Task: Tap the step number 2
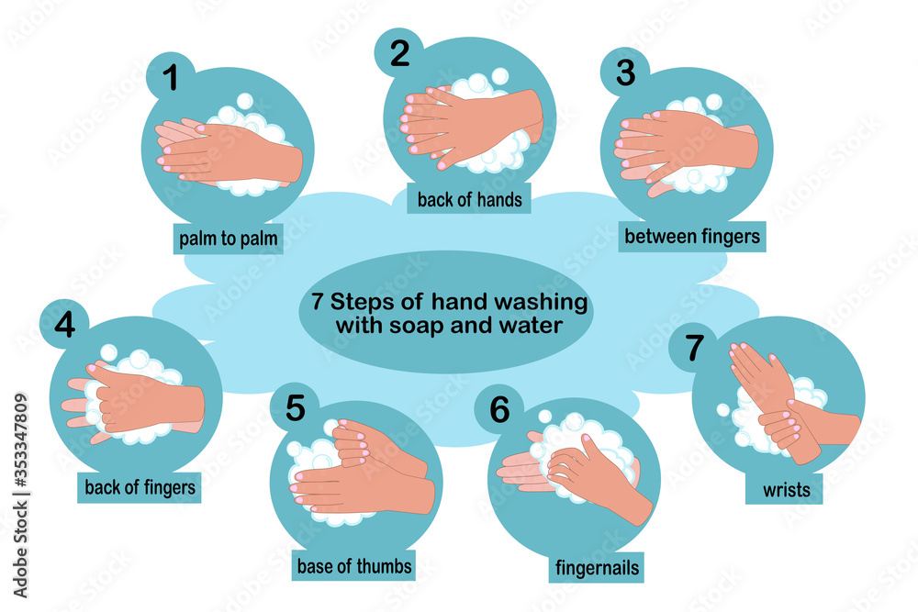pos(399,53)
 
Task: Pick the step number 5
pos(295,408)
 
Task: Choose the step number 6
pos(498,410)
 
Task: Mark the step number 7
pos(695,349)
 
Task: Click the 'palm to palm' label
pos(228,239)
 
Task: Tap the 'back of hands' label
pos(469,198)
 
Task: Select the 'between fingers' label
pos(692,237)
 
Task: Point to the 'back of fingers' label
pos(140,486)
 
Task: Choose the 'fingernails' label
pos(596,568)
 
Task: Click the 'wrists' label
pos(786,489)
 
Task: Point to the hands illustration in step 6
pos(574,468)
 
